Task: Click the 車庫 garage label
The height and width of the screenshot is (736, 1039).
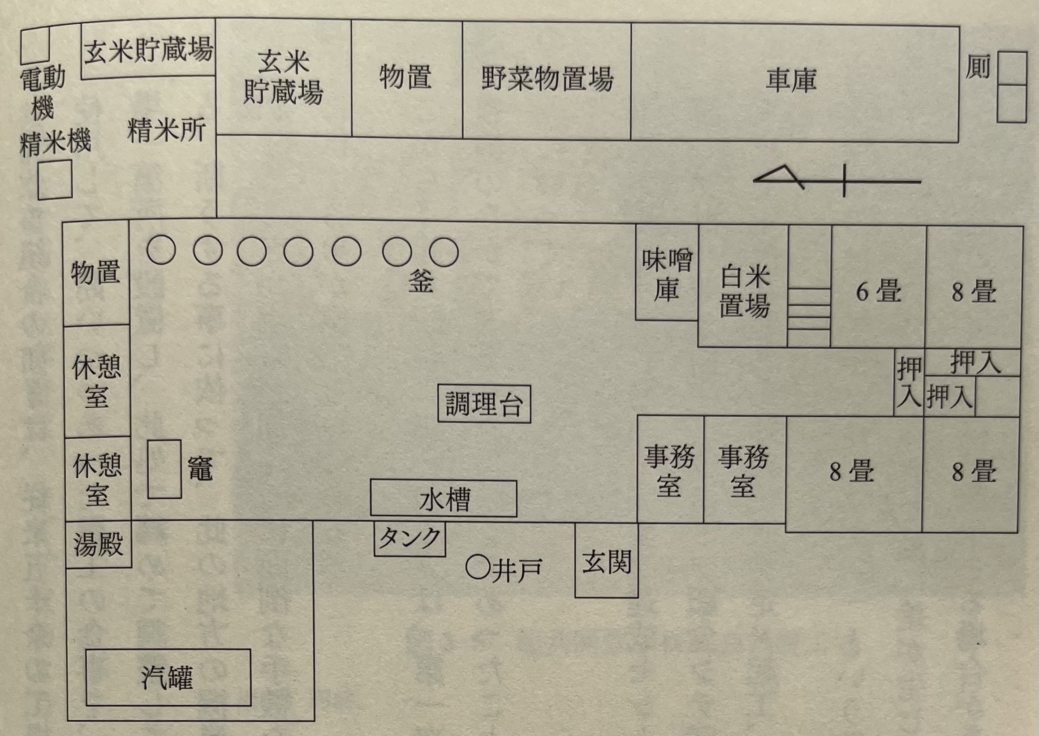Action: click(791, 81)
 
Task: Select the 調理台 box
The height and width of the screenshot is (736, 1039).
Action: click(484, 404)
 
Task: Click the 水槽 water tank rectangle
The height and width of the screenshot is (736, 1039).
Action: click(444, 499)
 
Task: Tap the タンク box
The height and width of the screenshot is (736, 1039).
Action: click(410, 539)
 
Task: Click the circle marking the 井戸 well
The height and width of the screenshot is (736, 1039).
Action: click(478, 567)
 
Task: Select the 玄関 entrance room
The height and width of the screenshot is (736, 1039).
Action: click(606, 562)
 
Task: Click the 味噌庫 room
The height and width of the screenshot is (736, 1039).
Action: click(667, 274)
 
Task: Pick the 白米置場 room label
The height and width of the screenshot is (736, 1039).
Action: click(744, 291)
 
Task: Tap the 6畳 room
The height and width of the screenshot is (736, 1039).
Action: click(878, 291)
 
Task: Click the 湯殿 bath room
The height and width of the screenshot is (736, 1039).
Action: click(99, 544)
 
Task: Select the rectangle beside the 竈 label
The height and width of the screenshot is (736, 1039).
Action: click(164, 469)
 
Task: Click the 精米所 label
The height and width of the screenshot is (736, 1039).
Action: click(166, 130)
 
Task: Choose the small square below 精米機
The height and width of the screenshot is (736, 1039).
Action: click(55, 180)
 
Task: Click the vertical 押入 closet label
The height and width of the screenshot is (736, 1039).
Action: click(909, 382)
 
